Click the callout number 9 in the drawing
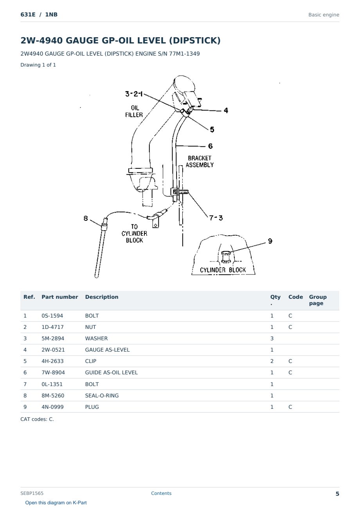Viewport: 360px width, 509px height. click(270, 241)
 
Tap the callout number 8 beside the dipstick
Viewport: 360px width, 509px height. click(86, 218)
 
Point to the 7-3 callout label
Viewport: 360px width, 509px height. click(216, 218)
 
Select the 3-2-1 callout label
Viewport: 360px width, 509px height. click(134, 94)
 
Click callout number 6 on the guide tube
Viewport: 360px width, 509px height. click(210, 146)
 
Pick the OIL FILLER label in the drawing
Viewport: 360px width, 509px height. click(134, 111)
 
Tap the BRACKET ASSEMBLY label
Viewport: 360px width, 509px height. click(200, 162)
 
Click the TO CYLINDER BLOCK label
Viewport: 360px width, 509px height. click(134, 233)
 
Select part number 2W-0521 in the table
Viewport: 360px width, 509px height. click(53, 350)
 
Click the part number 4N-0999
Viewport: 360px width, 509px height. click(52, 407)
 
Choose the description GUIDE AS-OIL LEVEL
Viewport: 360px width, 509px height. click(111, 372)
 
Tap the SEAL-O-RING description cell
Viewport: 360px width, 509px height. click(102, 395)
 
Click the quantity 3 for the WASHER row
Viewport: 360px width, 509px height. click(272, 338)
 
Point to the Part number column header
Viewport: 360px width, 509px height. click(60, 297)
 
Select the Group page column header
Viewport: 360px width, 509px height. click(318, 300)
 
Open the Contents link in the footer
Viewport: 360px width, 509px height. click(161, 493)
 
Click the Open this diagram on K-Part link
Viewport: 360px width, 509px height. click(56, 502)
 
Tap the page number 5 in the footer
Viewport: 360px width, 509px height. click(337, 494)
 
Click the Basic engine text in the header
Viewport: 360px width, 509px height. click(324, 15)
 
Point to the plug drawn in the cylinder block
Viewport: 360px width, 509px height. click(226, 257)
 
